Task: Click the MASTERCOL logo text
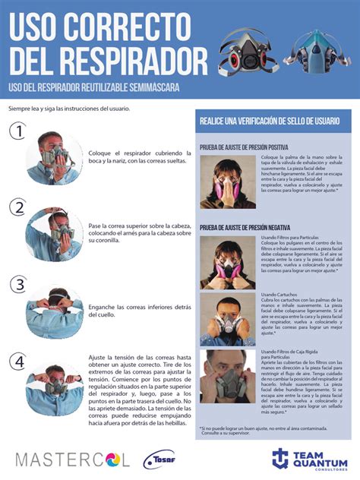coord(73,459)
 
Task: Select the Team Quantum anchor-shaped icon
coord(282,459)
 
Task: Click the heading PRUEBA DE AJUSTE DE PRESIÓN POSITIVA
coord(243,147)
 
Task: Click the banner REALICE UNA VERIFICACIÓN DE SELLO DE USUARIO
coord(274,122)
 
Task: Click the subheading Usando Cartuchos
coord(278,294)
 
